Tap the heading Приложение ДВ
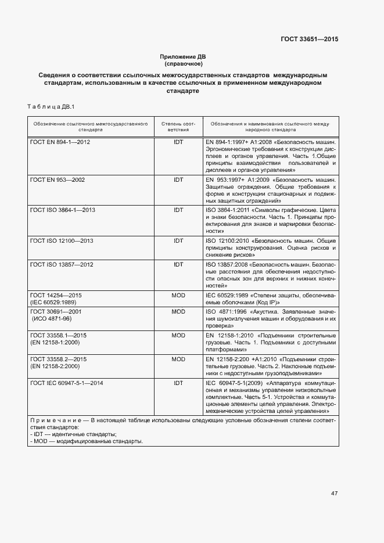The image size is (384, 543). tap(183, 56)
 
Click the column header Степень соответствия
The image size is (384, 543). tap(178, 127)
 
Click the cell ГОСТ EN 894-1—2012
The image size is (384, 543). tap(60, 142)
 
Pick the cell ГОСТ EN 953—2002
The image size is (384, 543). tap(58, 180)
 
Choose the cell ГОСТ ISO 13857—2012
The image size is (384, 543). tap(61, 264)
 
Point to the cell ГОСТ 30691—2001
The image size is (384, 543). tap(57, 312)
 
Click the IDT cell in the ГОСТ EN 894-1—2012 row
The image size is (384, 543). tap(178, 142)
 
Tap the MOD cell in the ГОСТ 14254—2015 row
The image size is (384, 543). tap(178, 296)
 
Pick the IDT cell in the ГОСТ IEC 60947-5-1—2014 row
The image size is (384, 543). tap(178, 383)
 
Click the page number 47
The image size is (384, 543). tap(334, 493)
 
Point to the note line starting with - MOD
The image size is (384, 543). tap(85, 441)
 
